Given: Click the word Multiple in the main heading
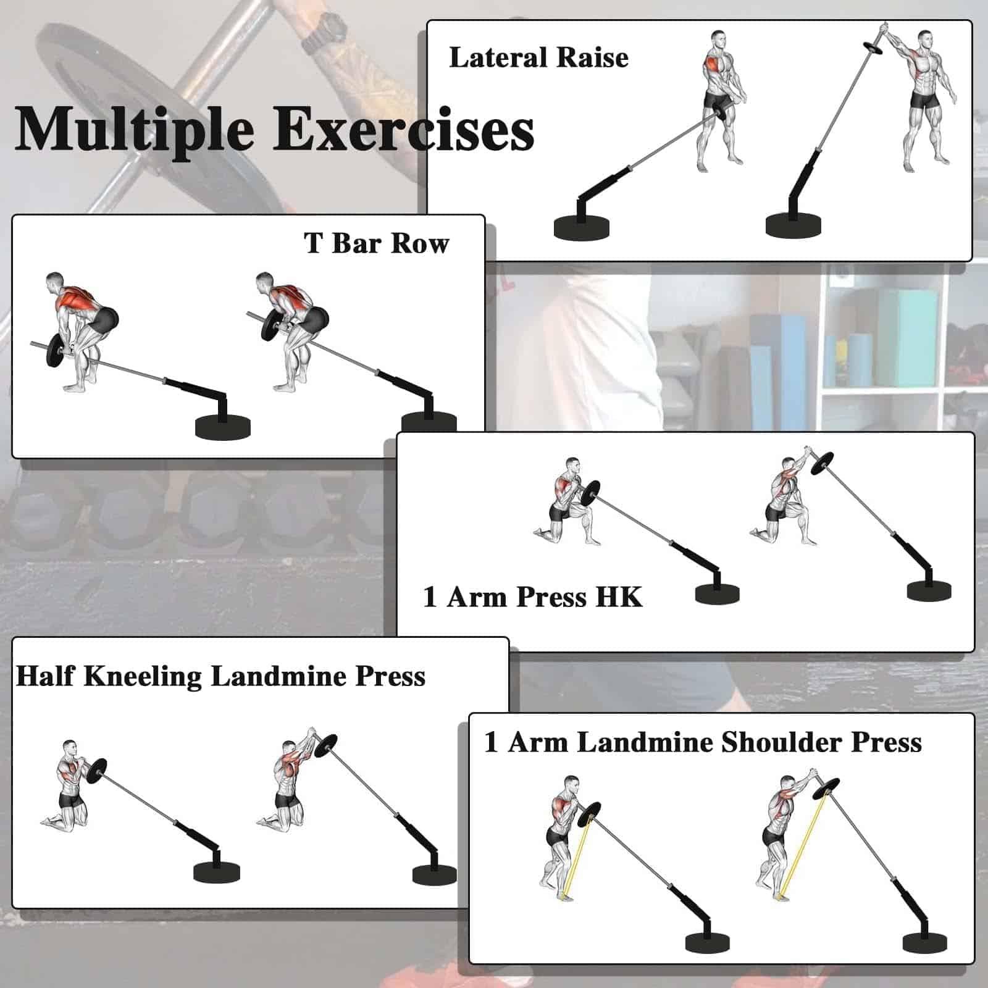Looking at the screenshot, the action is click(135, 130).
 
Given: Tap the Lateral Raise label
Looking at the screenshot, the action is click(538, 57).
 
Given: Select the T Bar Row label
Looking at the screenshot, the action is click(377, 243).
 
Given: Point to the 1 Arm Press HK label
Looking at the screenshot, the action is click(533, 597).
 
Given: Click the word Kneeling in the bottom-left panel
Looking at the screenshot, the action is click(143, 677).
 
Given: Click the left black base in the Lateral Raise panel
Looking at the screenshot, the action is click(582, 227).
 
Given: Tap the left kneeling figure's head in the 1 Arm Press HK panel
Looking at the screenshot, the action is click(572, 466).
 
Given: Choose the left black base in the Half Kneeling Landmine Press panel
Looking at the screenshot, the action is click(216, 871).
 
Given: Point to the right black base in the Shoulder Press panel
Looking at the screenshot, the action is click(924, 943).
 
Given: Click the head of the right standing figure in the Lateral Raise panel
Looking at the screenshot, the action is click(924, 39).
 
